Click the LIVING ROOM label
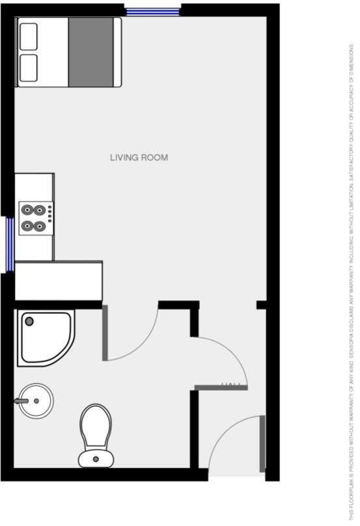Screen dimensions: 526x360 click(139, 158)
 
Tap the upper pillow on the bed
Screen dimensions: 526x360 click(29, 37)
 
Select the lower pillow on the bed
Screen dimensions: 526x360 click(29, 67)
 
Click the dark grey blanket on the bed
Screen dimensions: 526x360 click(90, 52)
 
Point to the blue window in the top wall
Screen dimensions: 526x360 click(153, 11)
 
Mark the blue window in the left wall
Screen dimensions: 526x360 click(10, 244)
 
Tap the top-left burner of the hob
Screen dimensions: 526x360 click(28, 210)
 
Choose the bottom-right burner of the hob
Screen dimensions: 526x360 click(40, 226)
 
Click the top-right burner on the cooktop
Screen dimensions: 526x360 click(40, 210)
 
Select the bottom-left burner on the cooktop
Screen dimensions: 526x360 click(28, 226)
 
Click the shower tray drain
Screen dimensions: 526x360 click(29, 321)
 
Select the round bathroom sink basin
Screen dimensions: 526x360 click(36, 400)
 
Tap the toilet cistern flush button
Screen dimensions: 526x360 click(96, 459)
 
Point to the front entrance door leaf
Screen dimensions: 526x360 click(262, 444)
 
